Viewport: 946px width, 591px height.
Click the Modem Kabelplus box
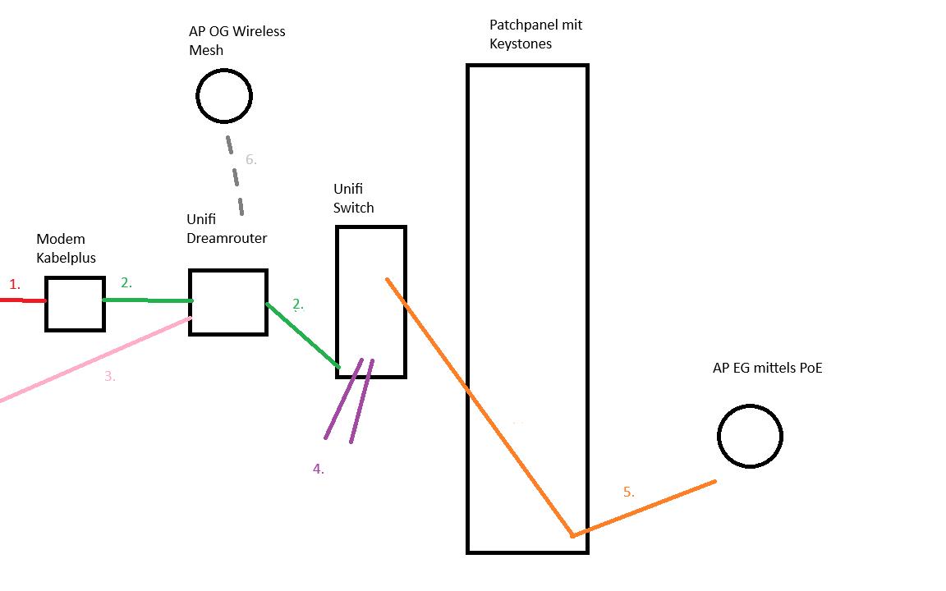point(75,304)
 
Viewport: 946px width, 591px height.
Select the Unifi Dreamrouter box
point(228,302)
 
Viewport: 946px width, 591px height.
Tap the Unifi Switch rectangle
point(371,301)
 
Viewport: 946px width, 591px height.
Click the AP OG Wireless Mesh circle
point(224,96)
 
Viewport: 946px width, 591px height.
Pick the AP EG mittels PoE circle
point(750,436)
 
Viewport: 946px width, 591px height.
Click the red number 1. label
point(14,285)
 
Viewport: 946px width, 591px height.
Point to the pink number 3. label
point(109,377)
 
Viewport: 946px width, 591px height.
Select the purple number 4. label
point(318,470)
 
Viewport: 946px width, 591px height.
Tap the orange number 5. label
point(628,492)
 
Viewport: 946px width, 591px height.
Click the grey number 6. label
point(250,160)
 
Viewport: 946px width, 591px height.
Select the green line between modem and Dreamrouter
point(146,300)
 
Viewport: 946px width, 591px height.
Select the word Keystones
point(521,44)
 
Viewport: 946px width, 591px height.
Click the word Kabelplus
point(66,258)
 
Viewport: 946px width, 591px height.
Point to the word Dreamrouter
point(227,238)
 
